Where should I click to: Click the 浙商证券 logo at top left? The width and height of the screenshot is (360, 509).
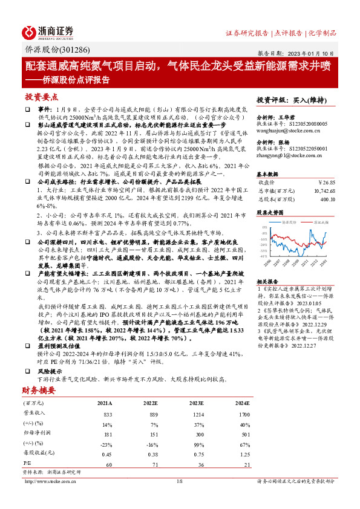coord(48,31)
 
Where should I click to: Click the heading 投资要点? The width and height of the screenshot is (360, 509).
coord(42,97)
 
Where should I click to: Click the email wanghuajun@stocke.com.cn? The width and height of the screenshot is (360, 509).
coord(284,129)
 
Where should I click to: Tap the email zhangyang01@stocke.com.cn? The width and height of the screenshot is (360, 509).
coord(283,157)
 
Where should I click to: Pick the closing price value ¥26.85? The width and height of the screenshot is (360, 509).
coord(327,181)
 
